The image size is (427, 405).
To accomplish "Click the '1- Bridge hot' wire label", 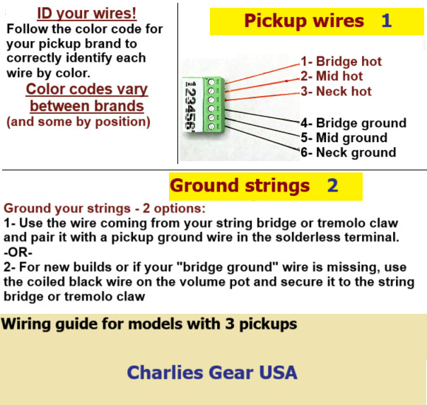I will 341,61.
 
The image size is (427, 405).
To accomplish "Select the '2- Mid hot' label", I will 332,76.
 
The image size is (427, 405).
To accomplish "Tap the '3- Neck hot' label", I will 336,91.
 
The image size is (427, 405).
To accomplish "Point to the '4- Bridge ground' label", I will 353,123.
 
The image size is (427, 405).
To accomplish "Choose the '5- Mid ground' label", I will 344,138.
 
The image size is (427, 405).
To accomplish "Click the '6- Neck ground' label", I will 348,152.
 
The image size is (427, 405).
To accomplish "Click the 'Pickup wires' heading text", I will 304,20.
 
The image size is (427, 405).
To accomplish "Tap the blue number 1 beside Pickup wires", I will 386,20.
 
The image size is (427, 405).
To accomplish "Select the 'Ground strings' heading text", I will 240,186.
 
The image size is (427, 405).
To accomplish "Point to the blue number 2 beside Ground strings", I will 332,186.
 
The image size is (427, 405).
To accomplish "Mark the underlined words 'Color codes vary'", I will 87,90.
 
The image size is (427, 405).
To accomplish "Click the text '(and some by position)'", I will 78,122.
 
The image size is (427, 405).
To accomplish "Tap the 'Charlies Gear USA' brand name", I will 212,372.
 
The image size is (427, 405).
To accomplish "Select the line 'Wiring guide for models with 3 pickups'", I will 149,324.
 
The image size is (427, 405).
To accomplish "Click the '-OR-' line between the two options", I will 19,252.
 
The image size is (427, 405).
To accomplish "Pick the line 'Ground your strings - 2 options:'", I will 105,209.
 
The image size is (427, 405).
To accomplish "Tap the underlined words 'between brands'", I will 87,106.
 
